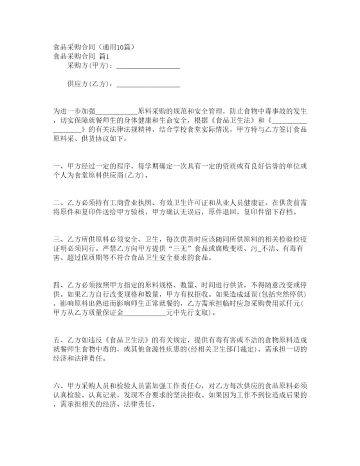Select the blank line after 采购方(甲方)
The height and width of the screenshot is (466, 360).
[x=147, y=66]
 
